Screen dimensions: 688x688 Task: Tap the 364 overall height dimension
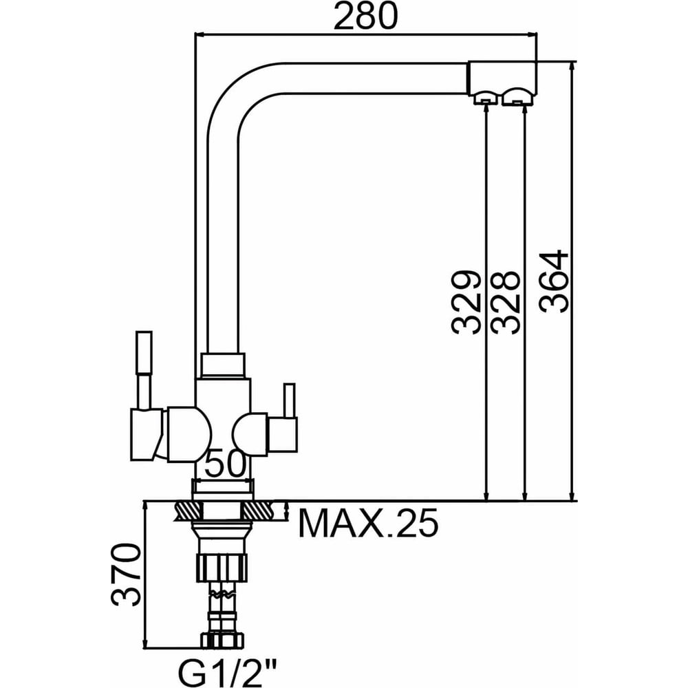click(x=554, y=281)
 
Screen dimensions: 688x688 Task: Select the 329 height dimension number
click(x=466, y=302)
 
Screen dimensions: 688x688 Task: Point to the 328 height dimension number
click(x=505, y=302)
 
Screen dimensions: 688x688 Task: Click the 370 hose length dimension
click(x=127, y=574)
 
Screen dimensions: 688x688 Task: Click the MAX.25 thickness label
click(x=367, y=524)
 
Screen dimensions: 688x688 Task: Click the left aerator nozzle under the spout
click(x=484, y=98)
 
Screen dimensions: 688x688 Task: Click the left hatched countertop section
click(x=188, y=510)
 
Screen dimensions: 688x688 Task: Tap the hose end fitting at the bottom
click(x=222, y=639)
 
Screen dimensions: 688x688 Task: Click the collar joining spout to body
click(x=222, y=365)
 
